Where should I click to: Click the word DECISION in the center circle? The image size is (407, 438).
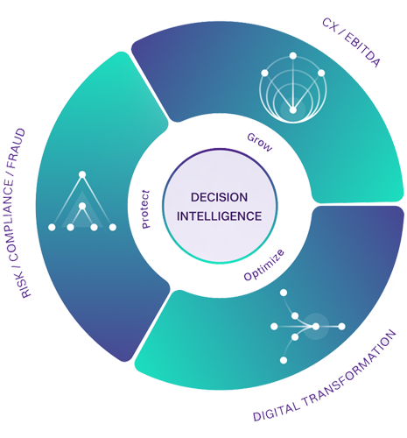(x=219, y=197)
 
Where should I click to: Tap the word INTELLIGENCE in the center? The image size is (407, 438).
(x=219, y=216)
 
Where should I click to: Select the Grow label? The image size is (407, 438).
(x=260, y=142)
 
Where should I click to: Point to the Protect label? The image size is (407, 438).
(x=145, y=208)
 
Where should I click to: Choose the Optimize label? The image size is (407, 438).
(x=263, y=265)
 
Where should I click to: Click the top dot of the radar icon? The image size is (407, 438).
(x=293, y=56)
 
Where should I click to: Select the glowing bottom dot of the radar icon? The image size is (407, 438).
(x=293, y=110)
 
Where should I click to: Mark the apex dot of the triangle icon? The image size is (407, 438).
(x=82, y=174)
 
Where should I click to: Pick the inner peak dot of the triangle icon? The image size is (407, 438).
(x=82, y=206)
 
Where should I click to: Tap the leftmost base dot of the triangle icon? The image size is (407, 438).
(x=52, y=227)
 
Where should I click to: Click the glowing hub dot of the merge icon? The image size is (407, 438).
(x=316, y=327)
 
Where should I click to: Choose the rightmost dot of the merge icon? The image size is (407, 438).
(x=341, y=327)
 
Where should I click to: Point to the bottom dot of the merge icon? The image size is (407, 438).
(x=284, y=360)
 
